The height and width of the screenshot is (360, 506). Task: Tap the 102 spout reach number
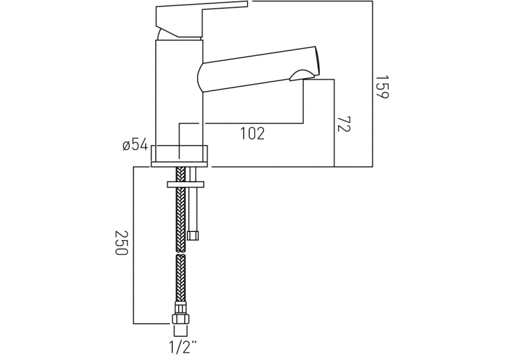(252, 133)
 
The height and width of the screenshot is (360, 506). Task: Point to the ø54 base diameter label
(135, 145)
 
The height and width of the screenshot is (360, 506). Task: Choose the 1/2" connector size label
(183, 347)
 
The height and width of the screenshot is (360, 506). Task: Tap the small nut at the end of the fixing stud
(195, 235)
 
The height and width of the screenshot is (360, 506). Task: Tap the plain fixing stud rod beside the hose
(195, 206)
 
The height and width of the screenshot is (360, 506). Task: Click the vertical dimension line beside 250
(134, 243)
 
